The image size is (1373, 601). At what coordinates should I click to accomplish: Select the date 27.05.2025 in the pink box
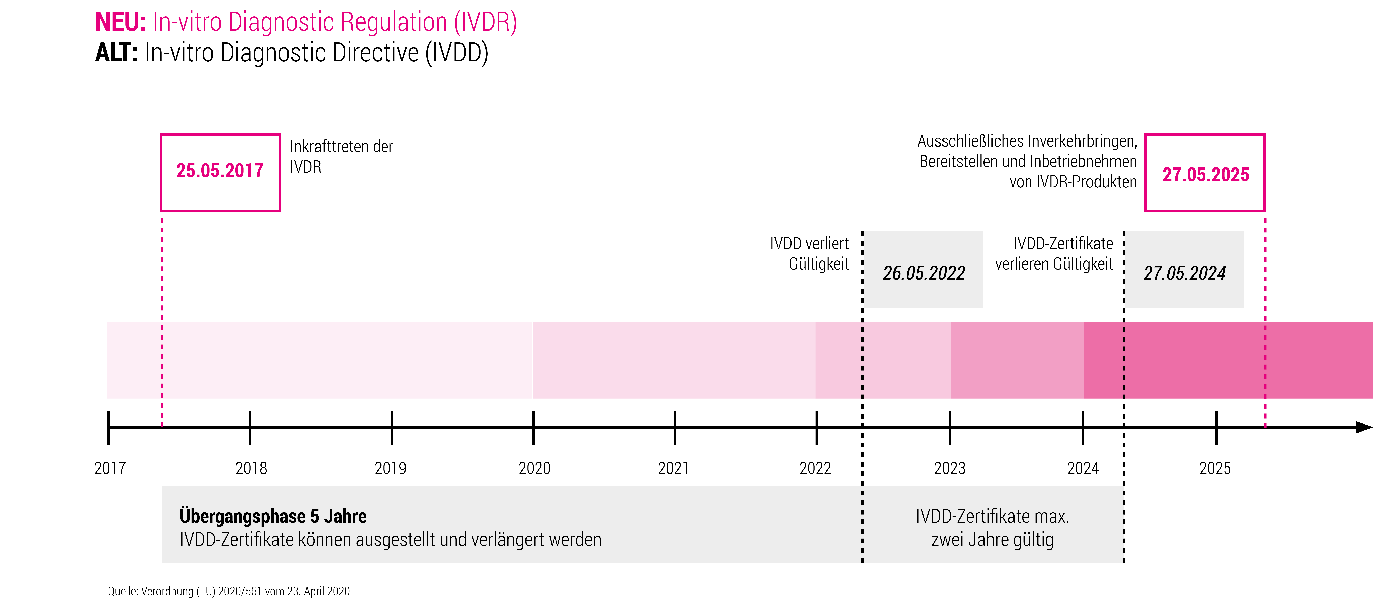point(1206,174)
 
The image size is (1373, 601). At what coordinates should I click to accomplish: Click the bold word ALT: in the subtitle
point(116,53)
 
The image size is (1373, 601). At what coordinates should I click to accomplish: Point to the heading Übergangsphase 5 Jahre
point(273,516)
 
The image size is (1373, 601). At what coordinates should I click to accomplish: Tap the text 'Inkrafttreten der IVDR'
point(341,157)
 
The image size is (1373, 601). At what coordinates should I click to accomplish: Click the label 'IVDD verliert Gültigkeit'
point(809,254)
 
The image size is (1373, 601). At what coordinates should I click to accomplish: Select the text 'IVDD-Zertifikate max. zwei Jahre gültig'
point(992,527)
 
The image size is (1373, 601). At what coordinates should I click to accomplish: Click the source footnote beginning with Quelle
point(229,591)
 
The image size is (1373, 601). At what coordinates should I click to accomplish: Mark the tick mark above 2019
point(392,428)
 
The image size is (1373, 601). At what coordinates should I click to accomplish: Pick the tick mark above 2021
point(675,428)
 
